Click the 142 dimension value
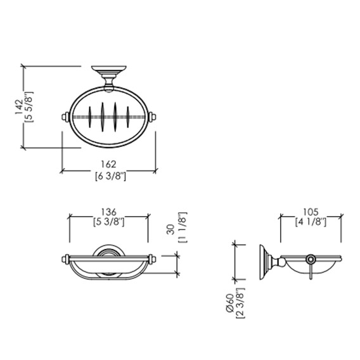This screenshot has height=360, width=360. (19, 106)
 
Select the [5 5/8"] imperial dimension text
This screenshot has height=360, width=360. (29, 106)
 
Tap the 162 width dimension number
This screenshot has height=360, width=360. (108, 164)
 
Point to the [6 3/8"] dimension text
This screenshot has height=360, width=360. (110, 177)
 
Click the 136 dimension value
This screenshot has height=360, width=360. (109, 212)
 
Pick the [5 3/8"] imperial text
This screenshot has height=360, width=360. (109, 222)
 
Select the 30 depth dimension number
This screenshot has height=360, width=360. (170, 229)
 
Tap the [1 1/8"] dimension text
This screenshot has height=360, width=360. (183, 228)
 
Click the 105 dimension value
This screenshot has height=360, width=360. (311, 212)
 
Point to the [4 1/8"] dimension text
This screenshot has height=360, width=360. (311, 222)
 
